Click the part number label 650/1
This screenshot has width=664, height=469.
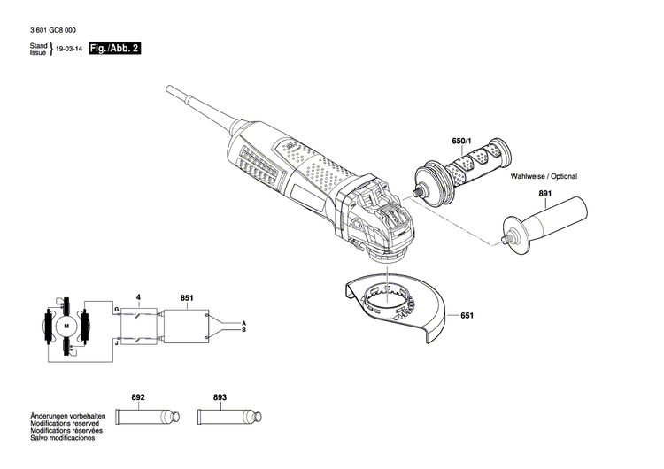[463, 142]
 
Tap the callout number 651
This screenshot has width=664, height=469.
[468, 315]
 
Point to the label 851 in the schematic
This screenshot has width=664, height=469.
[187, 297]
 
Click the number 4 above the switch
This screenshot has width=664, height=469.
[137, 297]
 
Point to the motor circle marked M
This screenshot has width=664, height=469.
[66, 327]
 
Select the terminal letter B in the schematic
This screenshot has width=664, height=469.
[243, 330]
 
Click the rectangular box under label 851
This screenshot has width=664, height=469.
[185, 326]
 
